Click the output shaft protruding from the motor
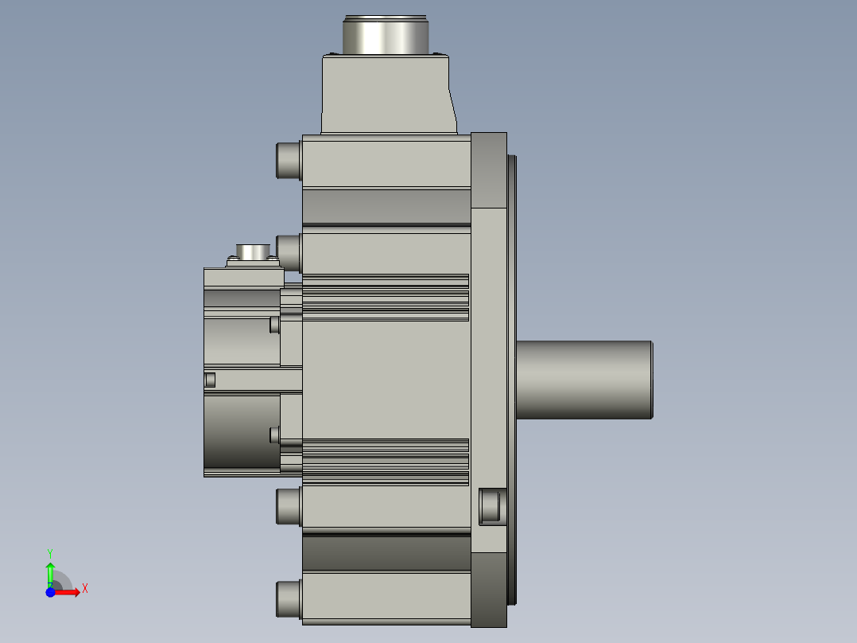(584, 380)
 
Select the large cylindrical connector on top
(386, 35)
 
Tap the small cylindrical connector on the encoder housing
(253, 251)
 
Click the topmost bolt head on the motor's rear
(289, 160)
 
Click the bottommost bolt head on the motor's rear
(289, 600)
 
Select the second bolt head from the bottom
(289, 506)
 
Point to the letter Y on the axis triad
(50, 554)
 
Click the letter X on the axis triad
(85, 589)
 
